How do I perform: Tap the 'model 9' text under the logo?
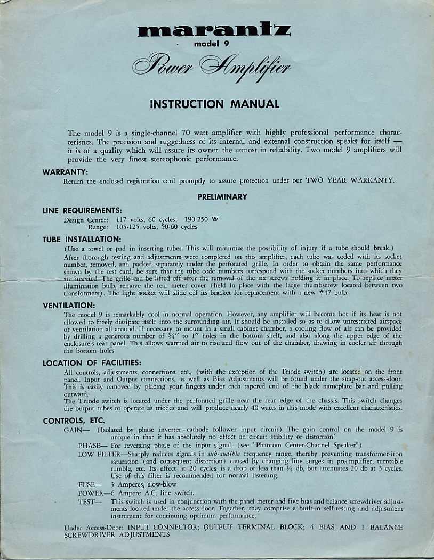tap(212, 44)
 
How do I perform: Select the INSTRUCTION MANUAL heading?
tap(214, 104)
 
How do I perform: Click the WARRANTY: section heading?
tap(65, 172)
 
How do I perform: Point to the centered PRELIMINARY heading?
tap(222, 197)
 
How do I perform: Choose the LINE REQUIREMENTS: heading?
tap(82, 211)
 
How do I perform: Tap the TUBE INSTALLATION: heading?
tap(82, 240)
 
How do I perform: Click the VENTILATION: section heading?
tap(69, 306)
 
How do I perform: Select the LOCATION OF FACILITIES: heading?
tap(92, 363)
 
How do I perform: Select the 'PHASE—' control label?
tap(93, 445)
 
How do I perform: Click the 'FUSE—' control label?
tap(90, 485)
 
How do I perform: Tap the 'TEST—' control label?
tap(90, 501)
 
